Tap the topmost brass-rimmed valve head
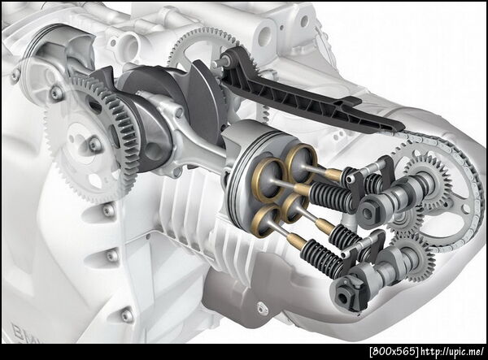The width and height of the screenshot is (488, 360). (301, 163)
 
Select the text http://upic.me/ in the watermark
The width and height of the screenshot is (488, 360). (452, 352)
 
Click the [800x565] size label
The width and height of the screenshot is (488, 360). (394, 352)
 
